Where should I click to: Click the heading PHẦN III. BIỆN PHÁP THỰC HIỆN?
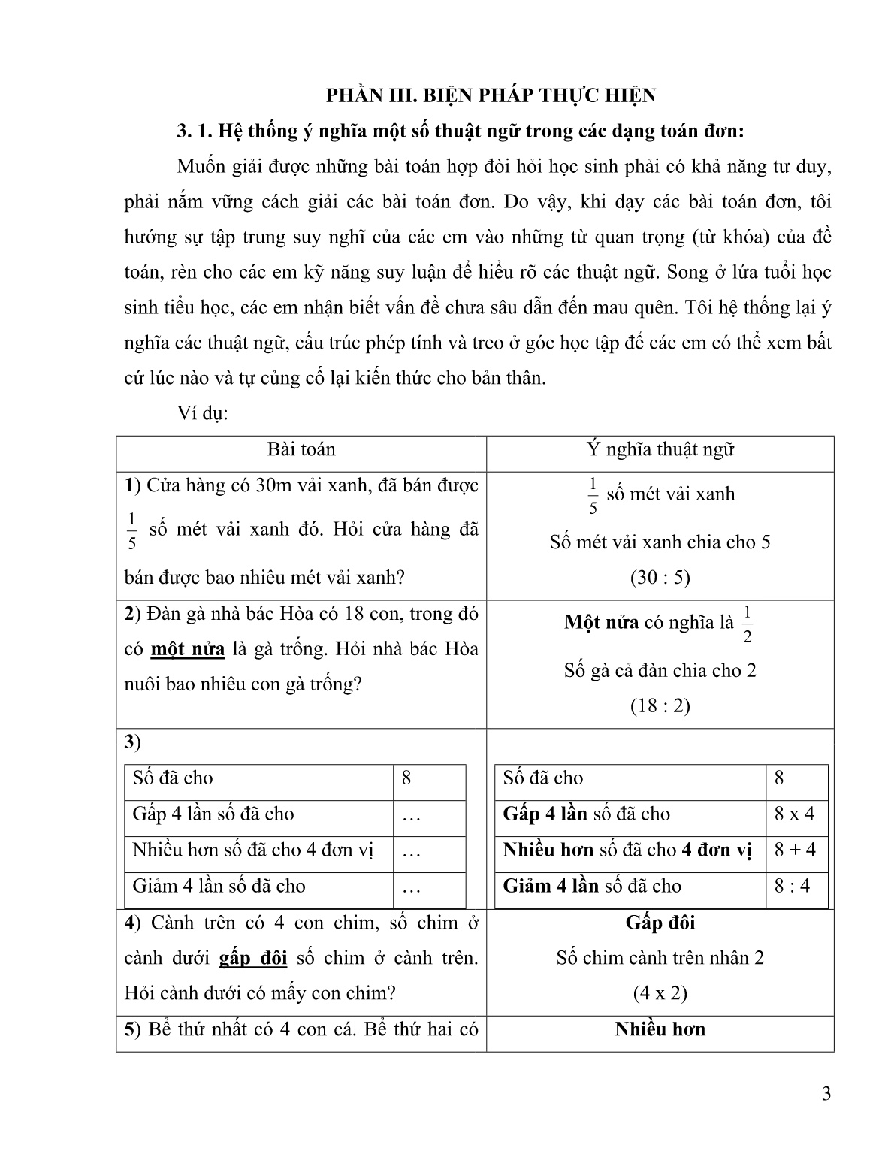pos(491,95)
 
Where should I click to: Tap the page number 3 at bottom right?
pos(826,1093)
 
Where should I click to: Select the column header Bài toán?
pos(301,450)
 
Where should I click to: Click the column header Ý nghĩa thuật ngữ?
pos(660,450)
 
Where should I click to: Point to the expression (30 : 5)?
pos(660,578)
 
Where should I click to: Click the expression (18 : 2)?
pos(660,706)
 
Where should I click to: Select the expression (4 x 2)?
pos(660,994)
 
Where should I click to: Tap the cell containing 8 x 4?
pos(794,814)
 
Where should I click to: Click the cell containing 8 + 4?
pos(795,850)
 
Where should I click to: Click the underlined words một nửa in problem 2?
pos(188,649)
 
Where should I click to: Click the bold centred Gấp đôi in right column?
pos(660,923)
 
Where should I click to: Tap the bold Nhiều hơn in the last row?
pos(660,1029)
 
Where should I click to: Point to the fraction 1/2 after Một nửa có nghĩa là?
pos(747,624)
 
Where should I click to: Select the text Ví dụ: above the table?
pos(202,413)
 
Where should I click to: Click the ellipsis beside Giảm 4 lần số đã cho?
pos(411,888)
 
